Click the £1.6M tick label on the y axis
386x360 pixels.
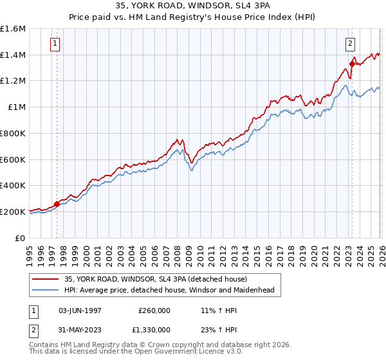(13, 29)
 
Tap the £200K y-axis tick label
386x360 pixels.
(13, 211)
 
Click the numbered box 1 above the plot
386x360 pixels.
(56, 44)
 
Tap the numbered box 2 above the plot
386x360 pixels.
(351, 44)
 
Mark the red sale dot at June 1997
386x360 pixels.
(57, 204)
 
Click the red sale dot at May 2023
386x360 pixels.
(352, 64)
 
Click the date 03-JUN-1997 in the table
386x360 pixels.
(80, 310)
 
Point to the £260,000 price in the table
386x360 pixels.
(154, 310)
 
